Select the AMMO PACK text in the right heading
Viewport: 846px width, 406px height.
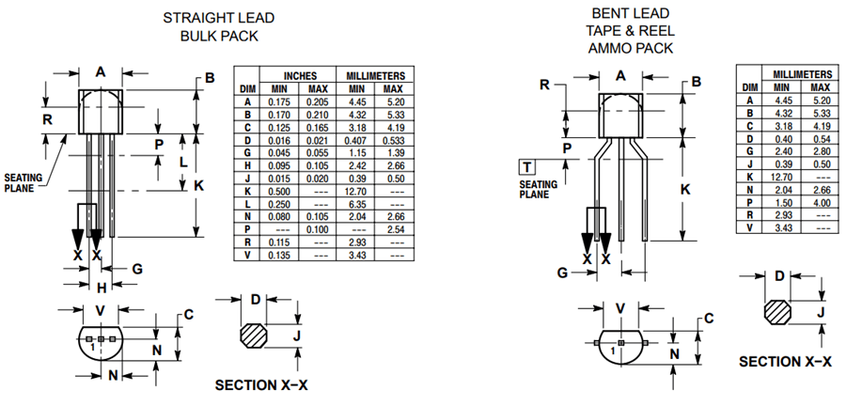[621, 46]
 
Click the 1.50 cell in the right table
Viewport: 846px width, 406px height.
[784, 202]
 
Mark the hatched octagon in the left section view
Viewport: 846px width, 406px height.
[255, 336]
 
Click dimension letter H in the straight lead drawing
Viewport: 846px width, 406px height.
[102, 288]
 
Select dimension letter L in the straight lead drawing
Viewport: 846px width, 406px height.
[183, 162]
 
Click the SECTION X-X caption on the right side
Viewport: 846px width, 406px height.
[785, 362]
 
